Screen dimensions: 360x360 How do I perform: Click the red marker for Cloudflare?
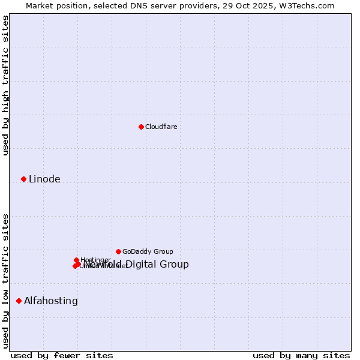(141, 127)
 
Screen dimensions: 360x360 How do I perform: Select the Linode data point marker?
(23, 179)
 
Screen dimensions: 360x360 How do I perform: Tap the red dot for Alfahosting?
(19, 301)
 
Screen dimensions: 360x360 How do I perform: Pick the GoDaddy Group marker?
(118, 251)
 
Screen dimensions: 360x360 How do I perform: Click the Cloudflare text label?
(161, 127)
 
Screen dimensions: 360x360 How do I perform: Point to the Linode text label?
(44, 179)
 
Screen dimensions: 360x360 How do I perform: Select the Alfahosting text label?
(51, 301)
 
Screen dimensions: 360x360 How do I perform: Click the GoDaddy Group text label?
(148, 251)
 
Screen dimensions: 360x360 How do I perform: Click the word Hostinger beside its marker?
(95, 260)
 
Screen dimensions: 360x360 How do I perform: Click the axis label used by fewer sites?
(62, 355)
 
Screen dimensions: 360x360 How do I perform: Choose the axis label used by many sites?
(301, 355)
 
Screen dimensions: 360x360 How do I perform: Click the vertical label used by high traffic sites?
(5, 85)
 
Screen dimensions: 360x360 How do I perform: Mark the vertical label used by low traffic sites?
(5, 281)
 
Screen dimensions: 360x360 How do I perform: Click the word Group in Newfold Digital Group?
(175, 264)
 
